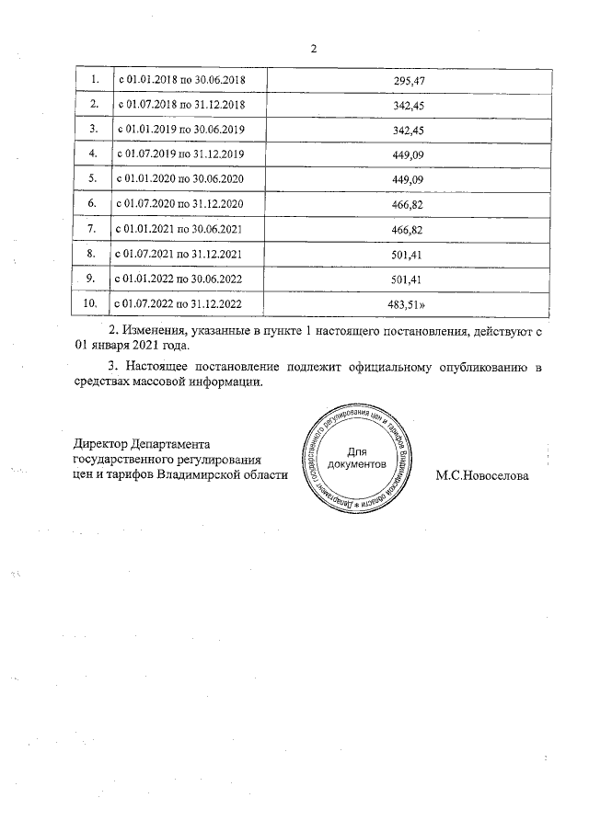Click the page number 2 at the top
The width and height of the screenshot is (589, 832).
[x=313, y=49]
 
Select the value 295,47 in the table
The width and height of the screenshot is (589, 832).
[x=406, y=81]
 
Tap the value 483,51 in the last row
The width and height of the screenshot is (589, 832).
[x=408, y=301]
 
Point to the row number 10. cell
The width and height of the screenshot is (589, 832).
[x=90, y=301]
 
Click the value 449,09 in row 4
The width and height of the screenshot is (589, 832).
[x=406, y=154]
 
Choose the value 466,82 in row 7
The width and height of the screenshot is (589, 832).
[x=406, y=227]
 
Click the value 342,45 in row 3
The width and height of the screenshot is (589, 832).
[x=406, y=129]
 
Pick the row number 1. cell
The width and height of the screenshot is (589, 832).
[x=92, y=81]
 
